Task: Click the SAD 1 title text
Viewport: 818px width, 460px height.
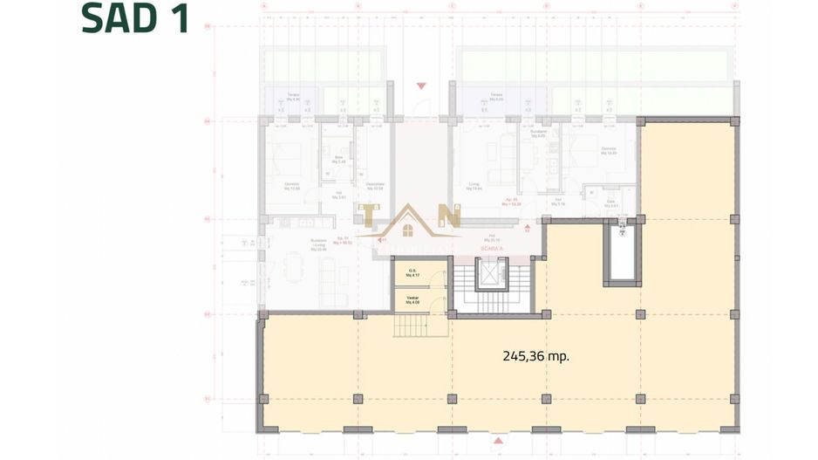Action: pyautogui.click(x=135, y=19)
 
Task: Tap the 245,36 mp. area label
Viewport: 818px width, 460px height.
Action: pyautogui.click(x=535, y=356)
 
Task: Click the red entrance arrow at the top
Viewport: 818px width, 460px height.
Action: pyautogui.click(x=421, y=86)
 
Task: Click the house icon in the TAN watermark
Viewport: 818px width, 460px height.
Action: pyautogui.click(x=407, y=229)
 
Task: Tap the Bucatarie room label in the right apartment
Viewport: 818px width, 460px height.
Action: pyautogui.click(x=537, y=134)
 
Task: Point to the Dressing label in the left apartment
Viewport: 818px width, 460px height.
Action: pyautogui.click(x=375, y=186)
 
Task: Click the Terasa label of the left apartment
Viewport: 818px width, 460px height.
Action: pyautogui.click(x=296, y=98)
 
